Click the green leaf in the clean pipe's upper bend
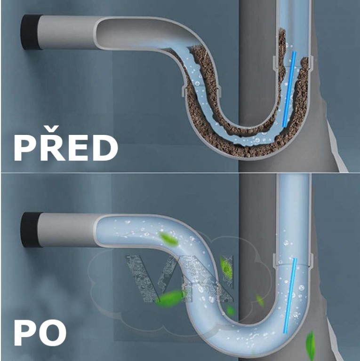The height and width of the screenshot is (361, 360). click(x=168, y=239)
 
